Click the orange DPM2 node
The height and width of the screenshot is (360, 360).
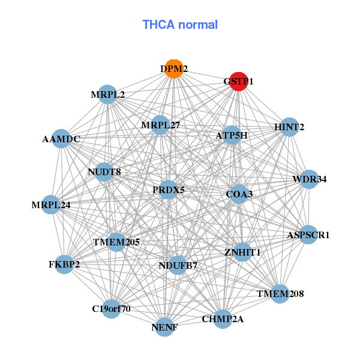pos(173,69)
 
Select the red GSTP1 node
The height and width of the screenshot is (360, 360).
pos(238,81)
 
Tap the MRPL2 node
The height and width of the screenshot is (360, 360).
pos(107,94)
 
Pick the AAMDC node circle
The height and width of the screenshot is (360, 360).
pos(61,139)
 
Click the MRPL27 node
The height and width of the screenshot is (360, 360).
pos(161,125)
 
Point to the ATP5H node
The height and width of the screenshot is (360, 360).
pos(231,136)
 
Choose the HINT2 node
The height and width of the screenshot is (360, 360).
pos(289,127)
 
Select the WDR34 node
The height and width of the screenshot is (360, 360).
pos(309,179)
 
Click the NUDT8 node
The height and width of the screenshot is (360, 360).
pos(104,172)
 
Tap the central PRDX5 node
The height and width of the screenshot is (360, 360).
pos(169,190)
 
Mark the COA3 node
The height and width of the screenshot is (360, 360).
pos(239,194)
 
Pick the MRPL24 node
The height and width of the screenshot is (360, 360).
pos(51,205)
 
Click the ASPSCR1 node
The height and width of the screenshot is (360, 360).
pos(308,235)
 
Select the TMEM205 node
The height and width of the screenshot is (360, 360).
pos(116,242)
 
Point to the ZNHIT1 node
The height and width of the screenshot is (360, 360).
pos(242,252)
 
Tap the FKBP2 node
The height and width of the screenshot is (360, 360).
pos(64,263)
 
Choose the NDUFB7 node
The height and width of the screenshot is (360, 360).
pos(178,265)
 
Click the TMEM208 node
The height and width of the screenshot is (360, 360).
pos(280,293)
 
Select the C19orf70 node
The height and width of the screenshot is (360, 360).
pos(111,309)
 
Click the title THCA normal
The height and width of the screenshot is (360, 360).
pos(180,25)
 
